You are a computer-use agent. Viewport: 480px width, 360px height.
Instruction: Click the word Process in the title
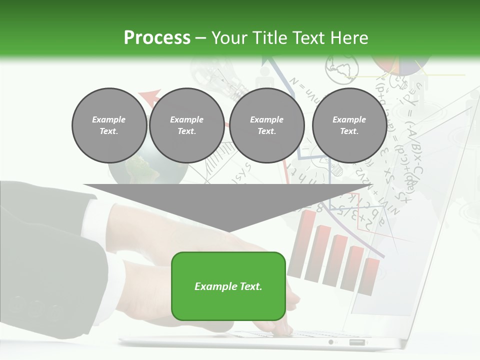[x=157, y=38]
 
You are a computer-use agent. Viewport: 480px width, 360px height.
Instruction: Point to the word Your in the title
[x=228, y=38]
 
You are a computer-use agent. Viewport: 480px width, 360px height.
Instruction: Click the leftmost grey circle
[x=109, y=125]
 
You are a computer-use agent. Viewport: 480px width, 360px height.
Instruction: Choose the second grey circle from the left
[x=186, y=125]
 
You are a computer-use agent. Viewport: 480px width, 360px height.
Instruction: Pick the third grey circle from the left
[x=266, y=125]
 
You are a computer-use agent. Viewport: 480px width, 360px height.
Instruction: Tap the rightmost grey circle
[x=349, y=125]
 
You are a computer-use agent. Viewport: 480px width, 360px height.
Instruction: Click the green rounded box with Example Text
[x=228, y=286]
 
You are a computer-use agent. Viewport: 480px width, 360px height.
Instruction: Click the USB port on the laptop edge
[x=356, y=342]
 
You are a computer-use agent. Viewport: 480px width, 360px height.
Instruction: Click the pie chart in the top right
[x=400, y=65]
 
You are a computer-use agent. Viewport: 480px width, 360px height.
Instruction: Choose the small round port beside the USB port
[x=331, y=342]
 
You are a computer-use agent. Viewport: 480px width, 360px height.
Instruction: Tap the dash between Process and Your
[x=200, y=38]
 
